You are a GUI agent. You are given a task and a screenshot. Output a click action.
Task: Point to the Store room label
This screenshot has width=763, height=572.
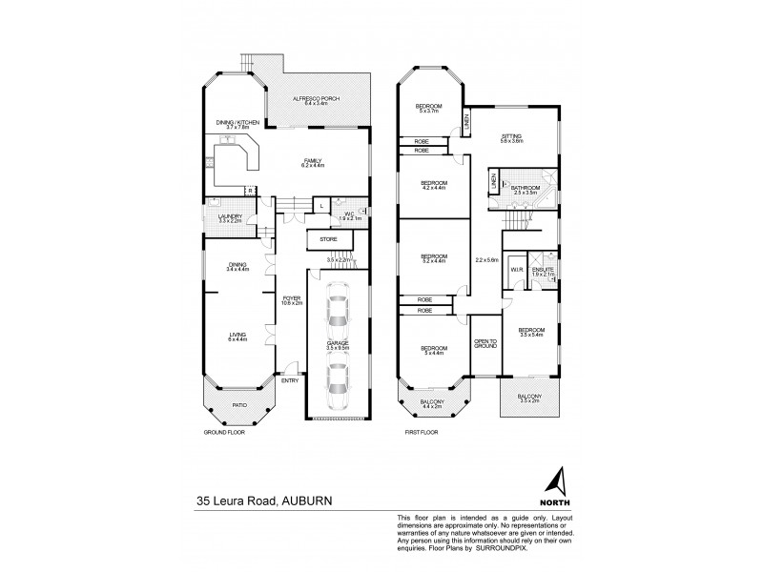coord(328,238)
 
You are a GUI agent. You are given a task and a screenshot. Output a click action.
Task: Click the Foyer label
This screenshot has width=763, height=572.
coord(292,300)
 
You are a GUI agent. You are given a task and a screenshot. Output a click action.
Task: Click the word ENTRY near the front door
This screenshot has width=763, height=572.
coord(289,381)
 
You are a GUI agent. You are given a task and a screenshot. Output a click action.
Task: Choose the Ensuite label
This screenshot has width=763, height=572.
coord(542,272)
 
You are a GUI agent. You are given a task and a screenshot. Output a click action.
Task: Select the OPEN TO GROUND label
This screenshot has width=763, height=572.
coord(485,343)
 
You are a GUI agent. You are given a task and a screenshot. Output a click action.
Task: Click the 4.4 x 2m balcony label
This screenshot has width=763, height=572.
coord(432,405)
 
